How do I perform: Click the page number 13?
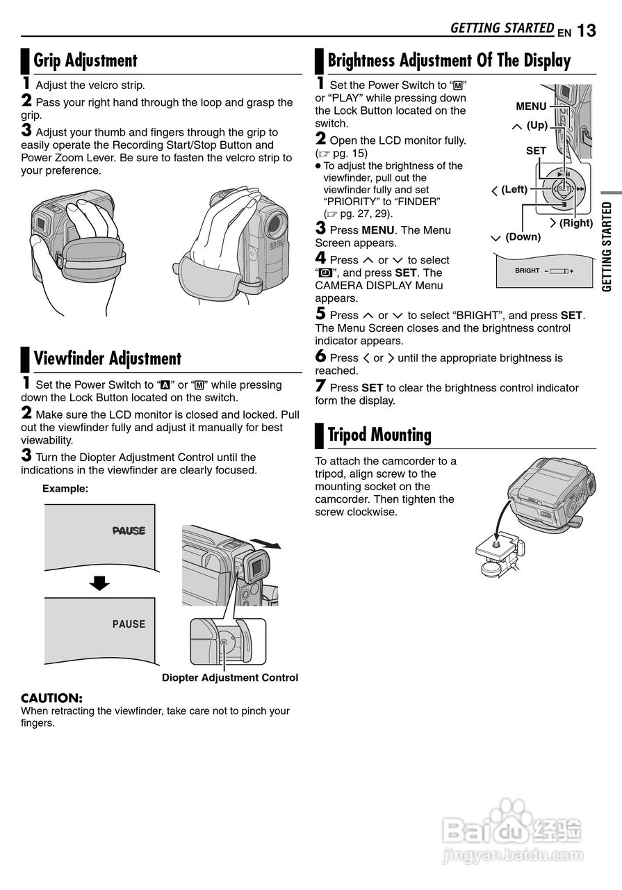[x=586, y=31]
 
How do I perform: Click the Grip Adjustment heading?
[x=85, y=60]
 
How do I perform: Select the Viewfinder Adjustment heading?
[x=108, y=359]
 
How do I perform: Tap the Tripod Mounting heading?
[x=379, y=435]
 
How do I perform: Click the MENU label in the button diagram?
[x=531, y=106]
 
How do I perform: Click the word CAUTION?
[x=52, y=697]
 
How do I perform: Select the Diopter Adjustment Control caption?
[x=230, y=677]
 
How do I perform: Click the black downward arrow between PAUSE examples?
[x=100, y=583]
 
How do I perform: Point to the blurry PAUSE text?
[x=129, y=531]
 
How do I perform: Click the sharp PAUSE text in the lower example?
[x=129, y=624]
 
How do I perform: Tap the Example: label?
[x=65, y=489]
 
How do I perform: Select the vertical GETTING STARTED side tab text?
[x=607, y=247]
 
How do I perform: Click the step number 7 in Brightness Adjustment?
[x=320, y=386]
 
